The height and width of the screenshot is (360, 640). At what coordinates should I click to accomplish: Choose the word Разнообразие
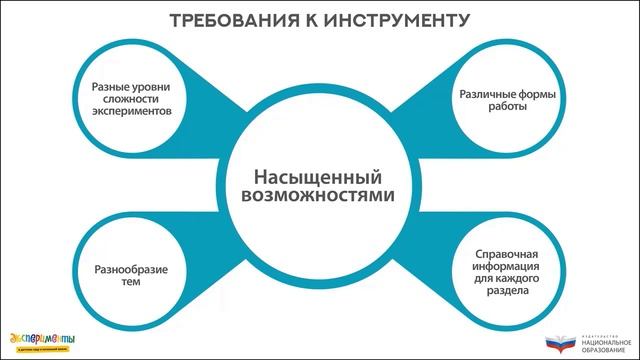tap(131, 271)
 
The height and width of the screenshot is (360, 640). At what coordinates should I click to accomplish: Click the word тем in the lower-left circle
tap(131, 285)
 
